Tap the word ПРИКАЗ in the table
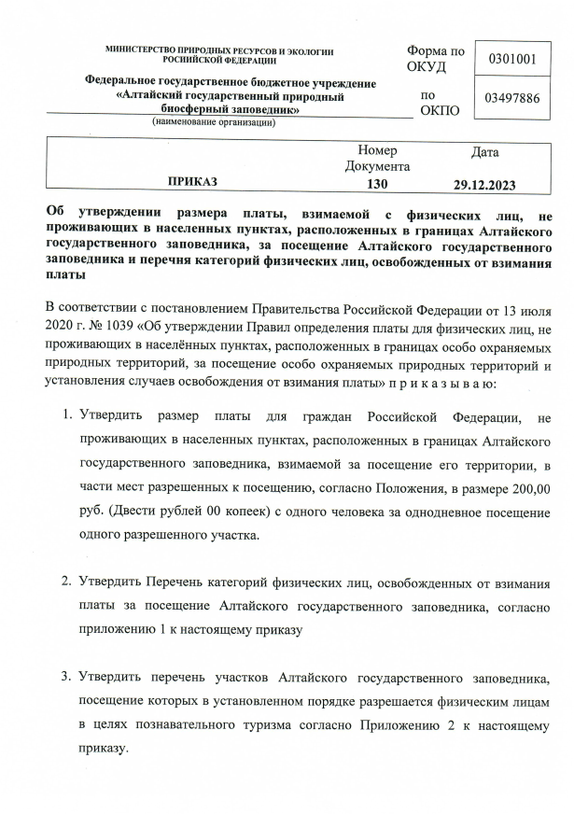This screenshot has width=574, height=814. coord(192,182)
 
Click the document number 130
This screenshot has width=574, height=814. coord(377,183)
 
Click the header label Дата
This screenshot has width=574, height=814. coord(485,151)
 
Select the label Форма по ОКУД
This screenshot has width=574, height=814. coord(435,58)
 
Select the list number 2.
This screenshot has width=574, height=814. coord(66,582)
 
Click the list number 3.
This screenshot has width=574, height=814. coord(66,675)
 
